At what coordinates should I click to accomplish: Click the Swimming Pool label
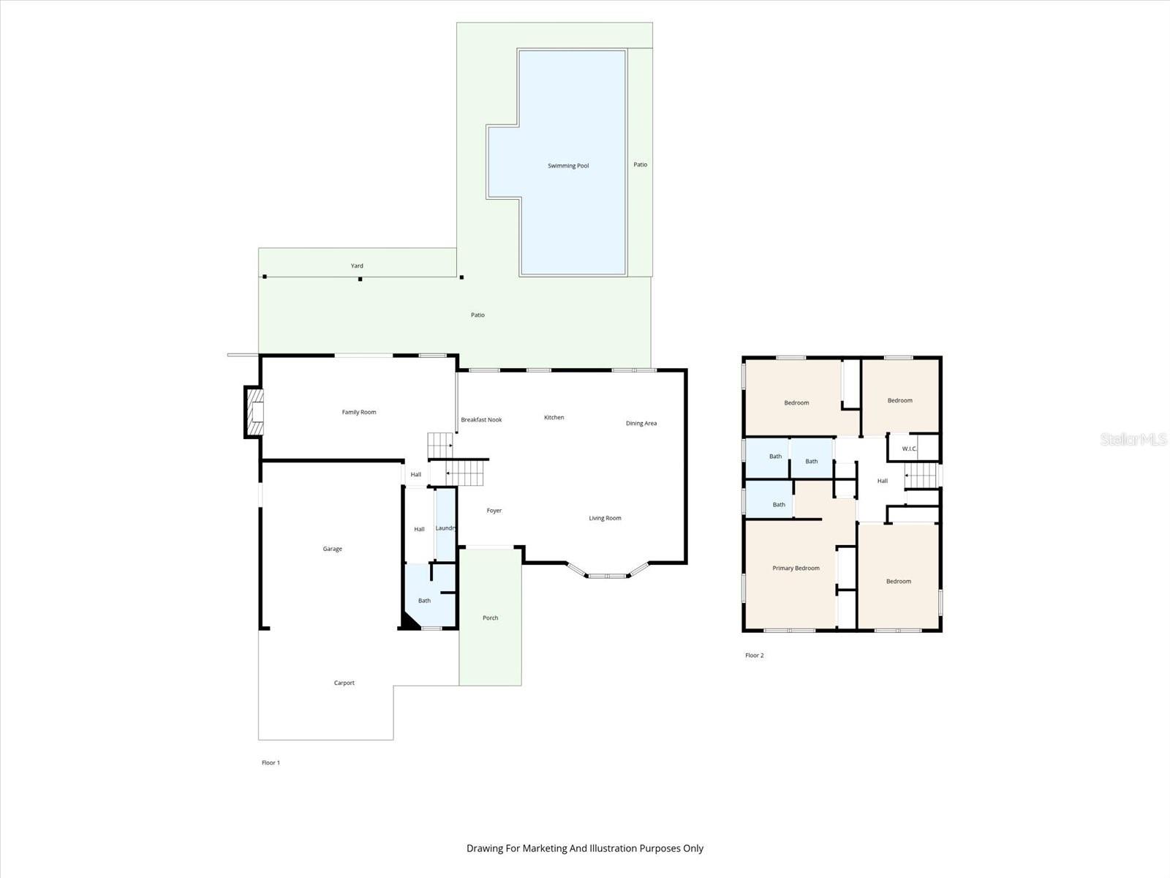click(x=568, y=166)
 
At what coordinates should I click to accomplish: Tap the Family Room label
click(x=359, y=412)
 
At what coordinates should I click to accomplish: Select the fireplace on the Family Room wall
click(x=254, y=413)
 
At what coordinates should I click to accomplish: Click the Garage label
click(x=333, y=549)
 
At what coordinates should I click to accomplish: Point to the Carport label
click(x=344, y=683)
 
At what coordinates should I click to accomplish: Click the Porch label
click(x=491, y=618)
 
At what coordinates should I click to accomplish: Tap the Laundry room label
click(x=446, y=528)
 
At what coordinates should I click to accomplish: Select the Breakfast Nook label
click(x=481, y=420)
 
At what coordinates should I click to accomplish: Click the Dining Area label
click(x=641, y=423)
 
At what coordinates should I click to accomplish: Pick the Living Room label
click(x=605, y=518)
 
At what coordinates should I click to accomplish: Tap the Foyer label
click(x=494, y=511)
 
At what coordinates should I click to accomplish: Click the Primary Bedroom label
click(x=796, y=568)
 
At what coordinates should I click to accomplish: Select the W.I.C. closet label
click(x=909, y=449)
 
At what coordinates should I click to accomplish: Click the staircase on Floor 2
click(x=921, y=476)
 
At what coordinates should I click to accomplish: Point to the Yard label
click(x=357, y=266)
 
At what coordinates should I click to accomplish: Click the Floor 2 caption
click(x=754, y=656)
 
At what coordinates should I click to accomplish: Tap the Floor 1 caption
click(x=271, y=762)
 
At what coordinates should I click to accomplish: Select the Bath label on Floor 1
click(x=424, y=601)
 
